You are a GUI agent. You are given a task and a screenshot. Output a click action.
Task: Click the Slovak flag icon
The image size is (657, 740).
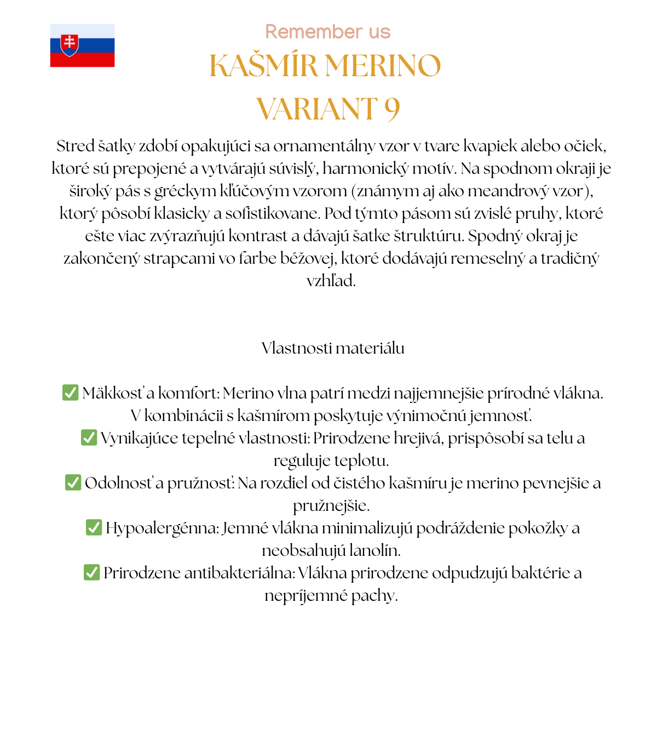(82, 45)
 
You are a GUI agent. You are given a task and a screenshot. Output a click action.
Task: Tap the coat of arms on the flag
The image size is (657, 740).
(69, 45)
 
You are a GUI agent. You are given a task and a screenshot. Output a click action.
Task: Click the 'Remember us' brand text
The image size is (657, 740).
(327, 32)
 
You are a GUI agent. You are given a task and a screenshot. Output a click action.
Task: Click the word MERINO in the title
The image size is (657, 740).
(383, 66)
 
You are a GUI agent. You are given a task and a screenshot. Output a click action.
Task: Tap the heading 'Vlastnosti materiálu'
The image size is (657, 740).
(333, 348)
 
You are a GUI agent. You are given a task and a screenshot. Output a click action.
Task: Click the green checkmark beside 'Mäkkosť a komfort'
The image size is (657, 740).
(70, 392)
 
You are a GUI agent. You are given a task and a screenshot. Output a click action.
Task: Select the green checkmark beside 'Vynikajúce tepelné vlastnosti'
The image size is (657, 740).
(89, 437)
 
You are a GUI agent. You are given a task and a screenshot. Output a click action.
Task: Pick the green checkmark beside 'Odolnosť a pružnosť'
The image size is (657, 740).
(73, 482)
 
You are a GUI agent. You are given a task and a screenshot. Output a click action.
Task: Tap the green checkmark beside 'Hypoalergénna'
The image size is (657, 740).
(94, 527)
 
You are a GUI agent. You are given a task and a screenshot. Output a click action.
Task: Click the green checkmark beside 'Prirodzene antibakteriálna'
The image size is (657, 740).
(91, 572)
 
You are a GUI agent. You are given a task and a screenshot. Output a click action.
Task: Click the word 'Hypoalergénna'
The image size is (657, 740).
(162, 528)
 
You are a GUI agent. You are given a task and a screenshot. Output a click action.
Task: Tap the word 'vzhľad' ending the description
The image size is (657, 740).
(330, 281)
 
